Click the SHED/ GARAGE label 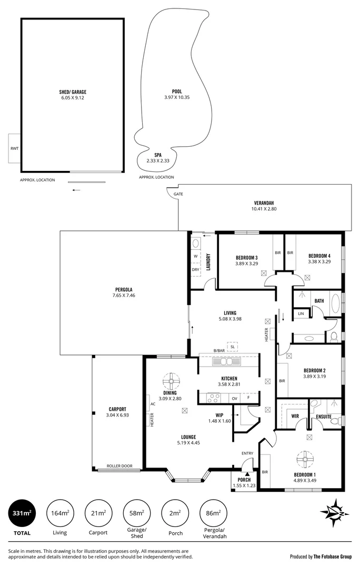pyautogui.click(x=72, y=91)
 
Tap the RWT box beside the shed pyautogui.click(x=14, y=148)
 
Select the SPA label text pyautogui.click(x=157, y=155)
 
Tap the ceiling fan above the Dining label pyautogui.click(x=171, y=380)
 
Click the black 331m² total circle pyautogui.click(x=23, y=513)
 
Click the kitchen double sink pyautogui.click(x=226, y=362)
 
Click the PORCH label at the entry pyautogui.click(x=243, y=480)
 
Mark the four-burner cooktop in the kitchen pyautogui.click(x=213, y=398)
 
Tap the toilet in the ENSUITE pyautogui.click(x=314, y=404)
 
